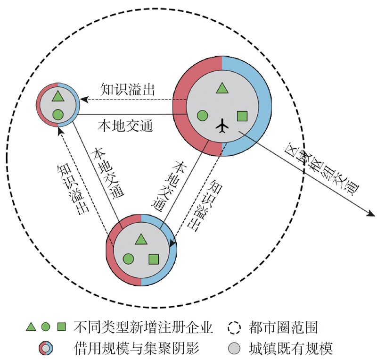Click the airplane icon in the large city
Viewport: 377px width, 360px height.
pyautogui.click(x=222, y=126)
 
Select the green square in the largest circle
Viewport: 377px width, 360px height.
pyautogui.click(x=242, y=116)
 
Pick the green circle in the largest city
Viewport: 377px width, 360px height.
pyautogui.click(x=202, y=115)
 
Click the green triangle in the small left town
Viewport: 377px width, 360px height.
pyautogui.click(x=57, y=96)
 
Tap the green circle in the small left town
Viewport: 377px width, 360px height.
pyautogui.click(x=57, y=114)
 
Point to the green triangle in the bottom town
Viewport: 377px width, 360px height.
pyautogui.click(x=140, y=239)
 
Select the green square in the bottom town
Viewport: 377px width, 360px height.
pyautogui.click(x=153, y=259)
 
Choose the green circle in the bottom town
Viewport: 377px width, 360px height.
pyautogui.click(x=128, y=259)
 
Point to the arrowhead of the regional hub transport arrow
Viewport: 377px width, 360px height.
pyautogui.click(x=369, y=215)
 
